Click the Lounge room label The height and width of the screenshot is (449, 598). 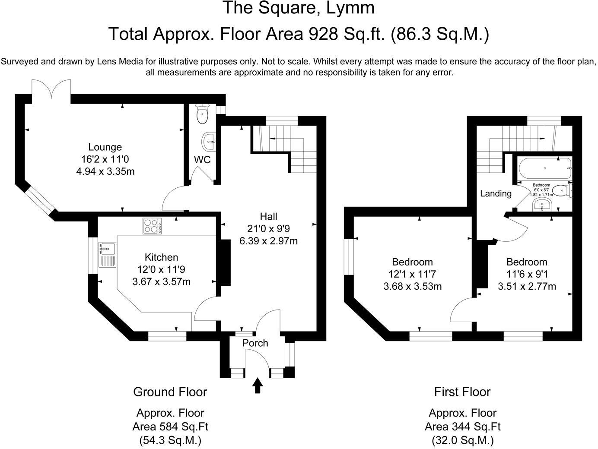click(x=105, y=147)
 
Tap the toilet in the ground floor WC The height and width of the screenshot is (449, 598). click(x=202, y=114)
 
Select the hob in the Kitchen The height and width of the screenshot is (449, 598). click(x=152, y=226)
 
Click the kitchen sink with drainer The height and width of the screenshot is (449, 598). click(x=107, y=254)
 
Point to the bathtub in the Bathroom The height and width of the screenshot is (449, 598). click(x=545, y=168)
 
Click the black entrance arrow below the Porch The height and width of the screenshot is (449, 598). click(x=258, y=386)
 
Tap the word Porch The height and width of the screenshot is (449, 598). click(x=255, y=343)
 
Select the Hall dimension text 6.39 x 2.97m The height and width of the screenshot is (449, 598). click(x=268, y=241)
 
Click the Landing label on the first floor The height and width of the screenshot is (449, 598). click(x=496, y=193)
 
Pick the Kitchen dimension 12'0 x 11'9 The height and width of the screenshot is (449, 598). click(x=161, y=269)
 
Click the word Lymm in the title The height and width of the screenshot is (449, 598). click(x=350, y=8)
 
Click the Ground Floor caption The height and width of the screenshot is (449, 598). click(x=170, y=392)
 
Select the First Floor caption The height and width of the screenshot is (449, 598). click(x=462, y=392)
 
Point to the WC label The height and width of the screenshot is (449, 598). click(x=202, y=159)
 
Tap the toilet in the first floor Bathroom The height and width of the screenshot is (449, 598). click(x=563, y=190)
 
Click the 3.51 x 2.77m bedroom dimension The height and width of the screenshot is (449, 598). click(x=527, y=286)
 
